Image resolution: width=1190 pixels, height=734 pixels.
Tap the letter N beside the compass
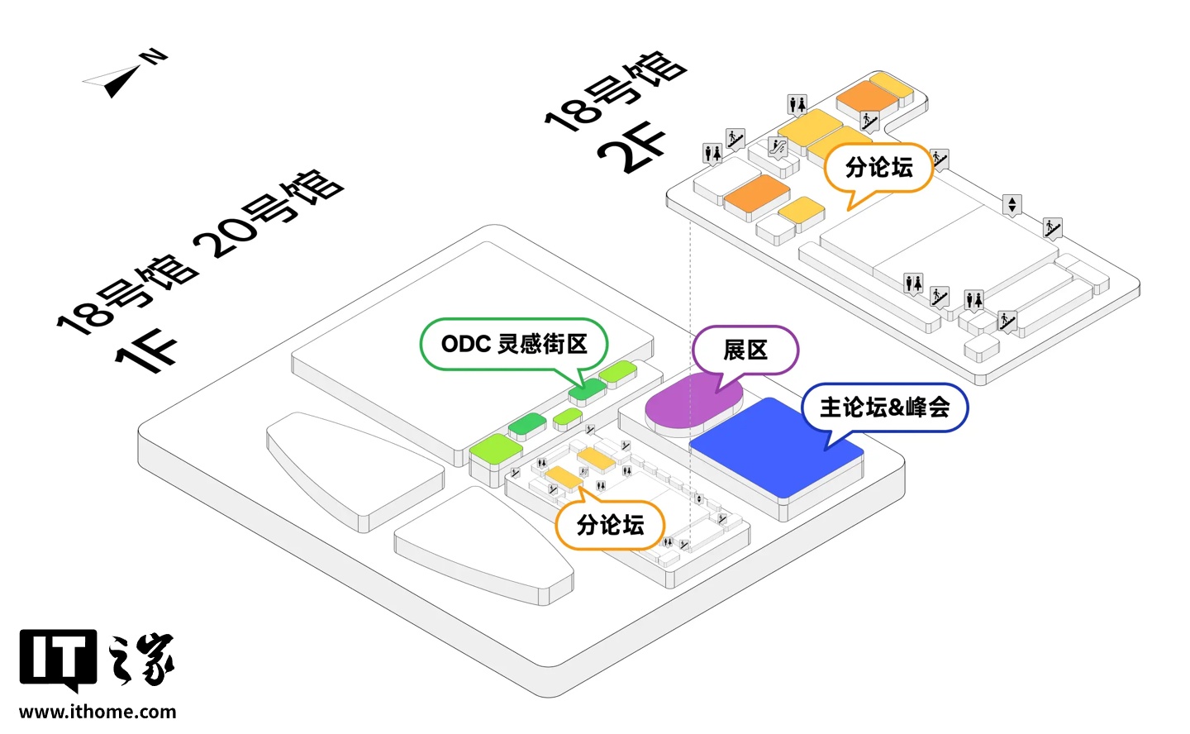pos(154,57)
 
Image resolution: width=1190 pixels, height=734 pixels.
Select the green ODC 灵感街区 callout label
pos(514,344)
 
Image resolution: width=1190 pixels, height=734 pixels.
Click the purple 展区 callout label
pos(745,350)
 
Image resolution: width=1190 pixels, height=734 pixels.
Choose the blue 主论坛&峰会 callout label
pos(884,408)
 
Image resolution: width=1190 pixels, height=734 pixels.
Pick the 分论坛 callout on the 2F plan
pos(878,168)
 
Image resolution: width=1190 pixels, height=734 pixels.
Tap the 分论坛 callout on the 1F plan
pos(610,525)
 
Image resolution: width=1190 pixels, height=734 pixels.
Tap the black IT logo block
pos(58,659)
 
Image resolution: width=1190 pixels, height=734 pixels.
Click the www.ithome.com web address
pos(98,712)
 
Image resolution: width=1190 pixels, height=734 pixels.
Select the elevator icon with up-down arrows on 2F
pos(1012,203)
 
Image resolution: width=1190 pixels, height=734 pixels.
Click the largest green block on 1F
pos(496,447)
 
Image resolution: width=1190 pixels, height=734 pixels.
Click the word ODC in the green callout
pos(466,344)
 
